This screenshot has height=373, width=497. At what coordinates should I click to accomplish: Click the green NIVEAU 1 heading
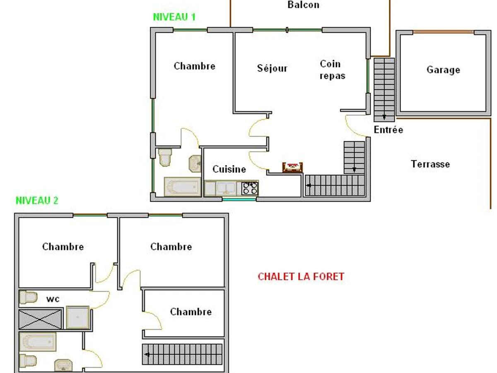point(174,17)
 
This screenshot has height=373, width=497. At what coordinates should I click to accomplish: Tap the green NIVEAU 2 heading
point(37,201)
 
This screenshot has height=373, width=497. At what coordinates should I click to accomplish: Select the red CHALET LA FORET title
point(301,276)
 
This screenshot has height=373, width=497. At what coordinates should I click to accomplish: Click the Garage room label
point(443,70)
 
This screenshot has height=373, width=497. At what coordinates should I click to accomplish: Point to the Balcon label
point(303,5)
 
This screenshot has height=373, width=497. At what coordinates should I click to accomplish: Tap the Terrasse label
point(430,164)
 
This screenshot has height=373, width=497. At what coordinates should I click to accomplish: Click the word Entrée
point(388,130)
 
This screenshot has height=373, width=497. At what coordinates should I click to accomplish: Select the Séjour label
point(272,68)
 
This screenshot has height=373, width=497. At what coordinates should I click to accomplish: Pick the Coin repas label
point(332,70)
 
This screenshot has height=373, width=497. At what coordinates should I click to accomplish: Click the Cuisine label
point(229,169)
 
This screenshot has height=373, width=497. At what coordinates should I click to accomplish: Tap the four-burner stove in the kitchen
point(250,188)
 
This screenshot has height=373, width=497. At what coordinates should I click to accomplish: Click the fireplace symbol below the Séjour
point(292,167)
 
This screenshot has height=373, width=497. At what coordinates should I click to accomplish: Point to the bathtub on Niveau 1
point(182,187)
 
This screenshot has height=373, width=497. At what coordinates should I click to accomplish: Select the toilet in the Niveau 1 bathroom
point(165,156)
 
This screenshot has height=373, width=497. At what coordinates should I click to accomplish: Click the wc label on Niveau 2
point(53,298)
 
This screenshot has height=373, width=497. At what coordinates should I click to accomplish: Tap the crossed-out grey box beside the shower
point(40,319)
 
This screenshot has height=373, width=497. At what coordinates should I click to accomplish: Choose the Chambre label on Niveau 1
point(194,66)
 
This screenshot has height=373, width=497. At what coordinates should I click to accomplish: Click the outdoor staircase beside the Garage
point(384,89)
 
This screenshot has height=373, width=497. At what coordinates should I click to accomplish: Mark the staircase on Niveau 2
point(183,354)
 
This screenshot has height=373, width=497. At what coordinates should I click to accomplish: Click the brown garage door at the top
point(443,32)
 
